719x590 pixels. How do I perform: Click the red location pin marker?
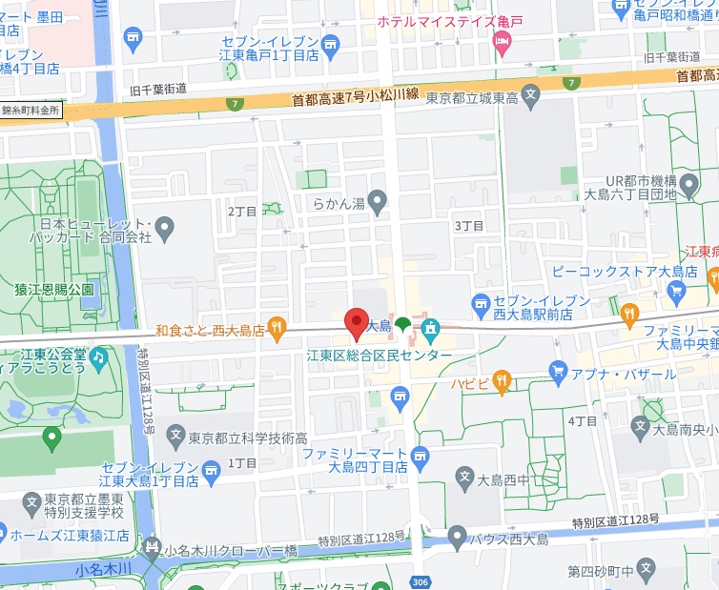[356, 322]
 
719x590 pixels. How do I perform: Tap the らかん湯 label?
[339, 202]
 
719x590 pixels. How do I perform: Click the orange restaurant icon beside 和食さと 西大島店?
[277, 330]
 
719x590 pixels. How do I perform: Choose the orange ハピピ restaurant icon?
[503, 383]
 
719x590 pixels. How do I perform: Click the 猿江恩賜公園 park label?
[55, 289]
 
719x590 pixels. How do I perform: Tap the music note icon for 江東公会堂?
[99, 356]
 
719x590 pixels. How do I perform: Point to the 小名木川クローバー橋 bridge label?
[231, 551]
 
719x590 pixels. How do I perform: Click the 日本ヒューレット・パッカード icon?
[165, 229]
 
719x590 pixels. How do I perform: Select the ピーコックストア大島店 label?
[626, 272]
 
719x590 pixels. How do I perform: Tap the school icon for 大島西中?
[464, 478]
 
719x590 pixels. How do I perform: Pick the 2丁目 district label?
[242, 212]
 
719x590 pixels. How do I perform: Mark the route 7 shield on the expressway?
[234, 103]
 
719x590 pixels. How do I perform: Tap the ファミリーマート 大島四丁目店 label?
[356, 460]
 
